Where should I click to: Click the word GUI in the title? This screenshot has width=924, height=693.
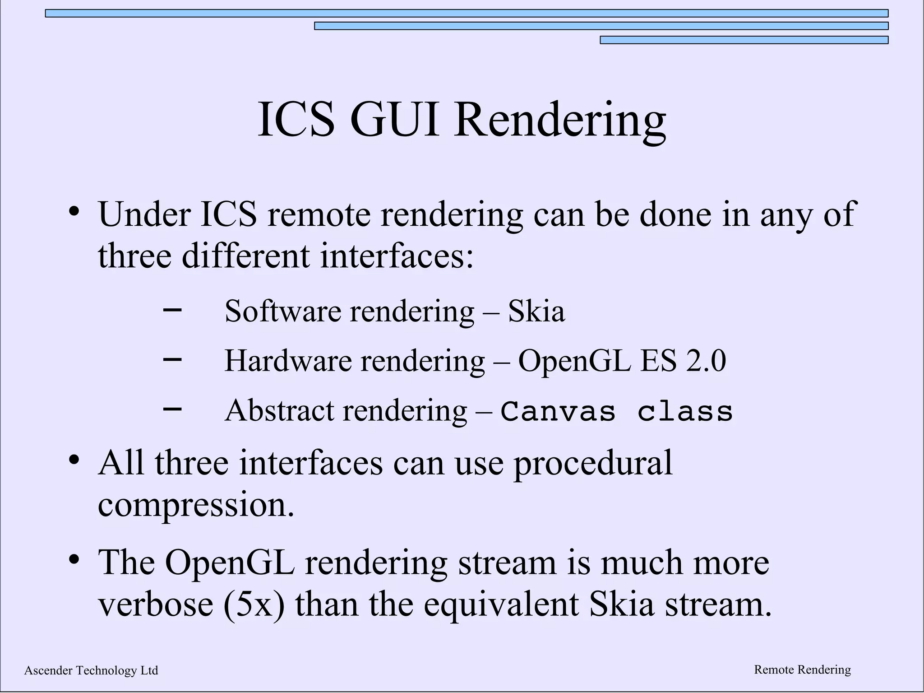coord(394,120)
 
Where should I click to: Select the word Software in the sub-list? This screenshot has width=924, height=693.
coord(282,311)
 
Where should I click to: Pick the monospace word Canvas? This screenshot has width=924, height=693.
coord(558,412)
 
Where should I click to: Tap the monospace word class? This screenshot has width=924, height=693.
coord(685,412)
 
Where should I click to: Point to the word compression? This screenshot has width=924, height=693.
coord(196,504)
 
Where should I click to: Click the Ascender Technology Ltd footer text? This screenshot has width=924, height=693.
coord(91,670)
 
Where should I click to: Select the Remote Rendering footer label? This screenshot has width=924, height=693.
coord(802,670)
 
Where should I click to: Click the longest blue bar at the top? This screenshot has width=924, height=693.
coord(467,14)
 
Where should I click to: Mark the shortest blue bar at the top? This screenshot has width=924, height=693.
coord(744,40)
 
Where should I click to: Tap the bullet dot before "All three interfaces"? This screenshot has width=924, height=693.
coord(74,460)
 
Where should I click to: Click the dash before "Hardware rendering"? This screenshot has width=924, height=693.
coord(172,360)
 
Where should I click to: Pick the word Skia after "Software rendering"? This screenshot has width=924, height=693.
coord(536,311)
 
